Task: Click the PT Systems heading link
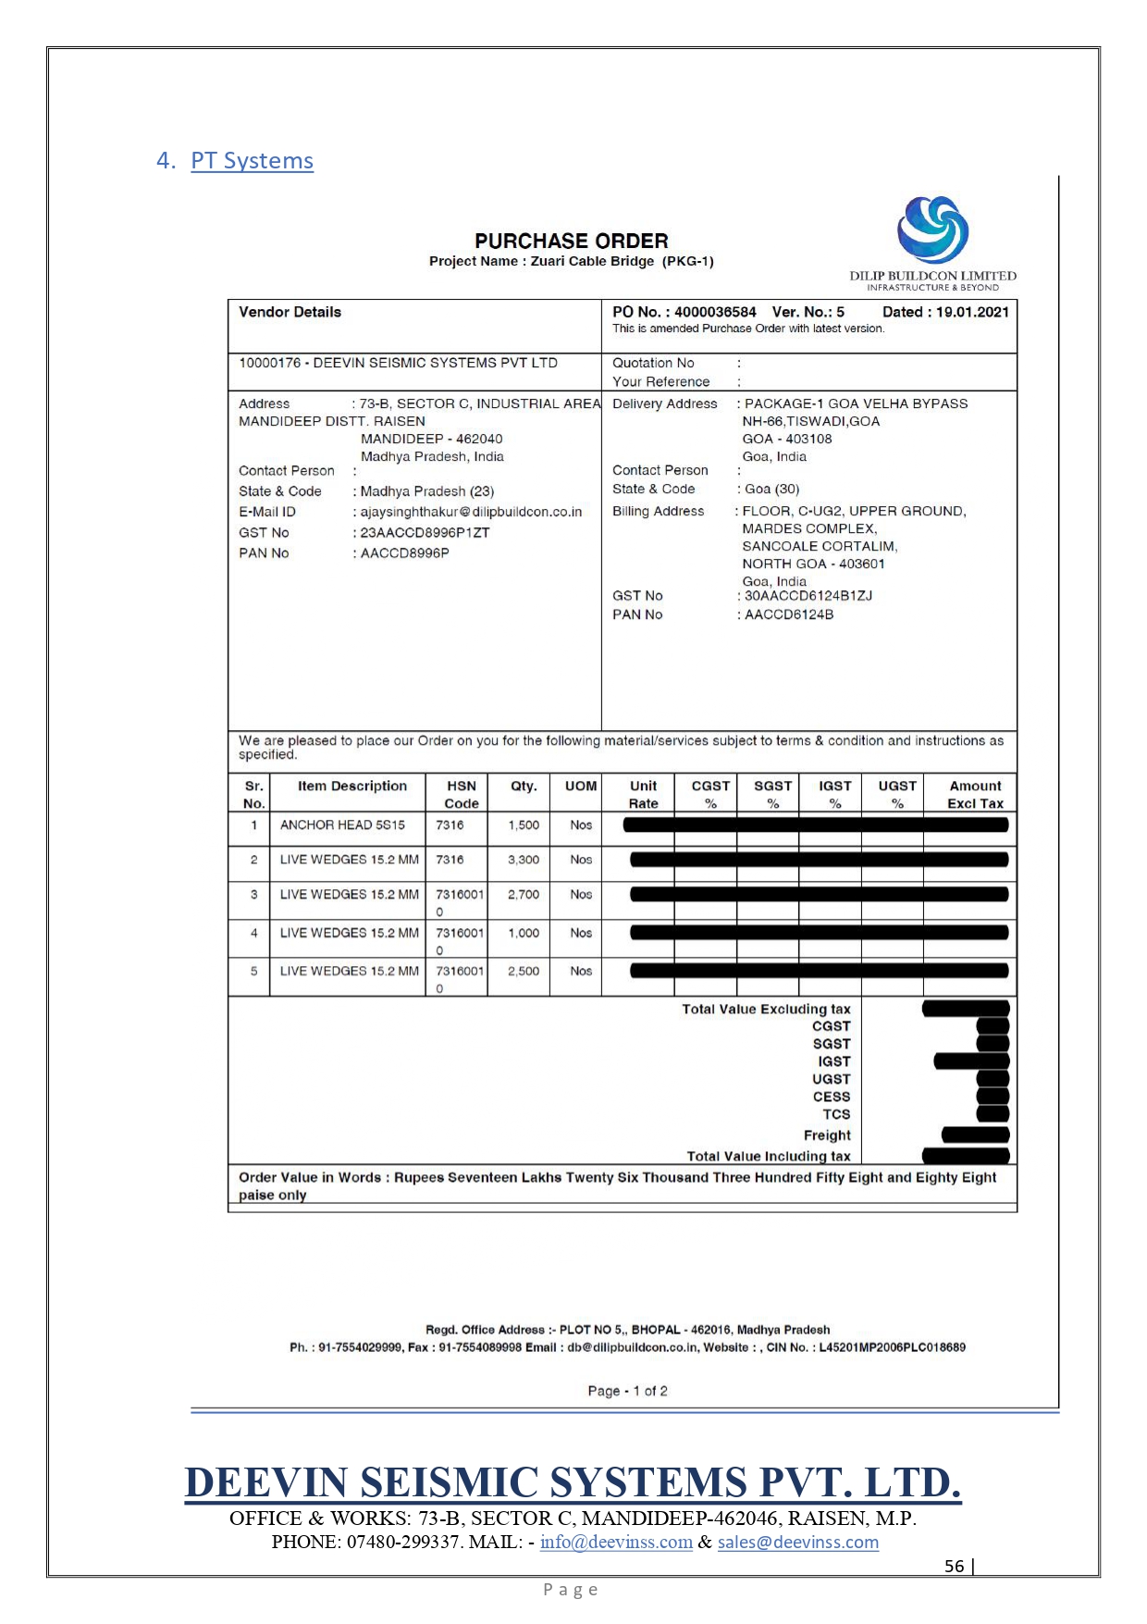[252, 161]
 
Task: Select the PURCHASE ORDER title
[571, 241]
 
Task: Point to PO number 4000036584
[715, 312]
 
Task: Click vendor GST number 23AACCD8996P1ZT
[425, 533]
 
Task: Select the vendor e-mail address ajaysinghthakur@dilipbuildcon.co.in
[471, 512]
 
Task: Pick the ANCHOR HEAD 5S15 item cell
[342, 824]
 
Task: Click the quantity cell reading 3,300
[523, 860]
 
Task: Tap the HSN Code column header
[461, 794]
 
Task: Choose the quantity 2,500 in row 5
[523, 971]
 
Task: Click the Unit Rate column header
[643, 794]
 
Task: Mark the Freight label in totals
[827, 1135]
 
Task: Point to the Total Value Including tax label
[768, 1156]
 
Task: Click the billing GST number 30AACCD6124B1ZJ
[808, 596]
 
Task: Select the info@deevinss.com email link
[616, 1542]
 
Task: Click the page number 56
[954, 1566]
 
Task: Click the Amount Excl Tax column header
[975, 794]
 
